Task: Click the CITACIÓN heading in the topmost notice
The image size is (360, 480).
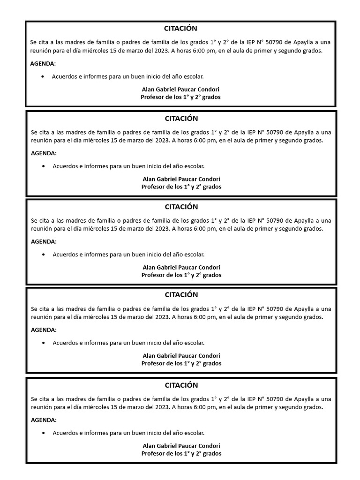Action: [181, 29]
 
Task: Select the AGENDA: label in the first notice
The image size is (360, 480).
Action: [43, 63]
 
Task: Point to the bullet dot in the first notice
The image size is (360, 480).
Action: [43, 76]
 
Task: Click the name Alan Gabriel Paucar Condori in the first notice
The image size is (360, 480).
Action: [180, 89]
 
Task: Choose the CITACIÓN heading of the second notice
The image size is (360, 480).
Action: [181, 119]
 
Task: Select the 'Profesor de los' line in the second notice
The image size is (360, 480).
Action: [181, 187]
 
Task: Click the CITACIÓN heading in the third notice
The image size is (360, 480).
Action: [181, 207]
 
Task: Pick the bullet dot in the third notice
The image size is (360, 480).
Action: [44, 255]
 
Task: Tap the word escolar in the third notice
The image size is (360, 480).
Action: [193, 255]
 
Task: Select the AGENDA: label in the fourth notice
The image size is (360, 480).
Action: [44, 330]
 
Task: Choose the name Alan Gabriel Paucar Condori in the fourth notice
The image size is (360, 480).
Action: [181, 356]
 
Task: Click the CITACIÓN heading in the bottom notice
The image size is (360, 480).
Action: [181, 385]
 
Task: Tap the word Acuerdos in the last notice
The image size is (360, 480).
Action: [65, 433]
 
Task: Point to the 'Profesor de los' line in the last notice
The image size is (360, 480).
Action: [181, 454]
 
